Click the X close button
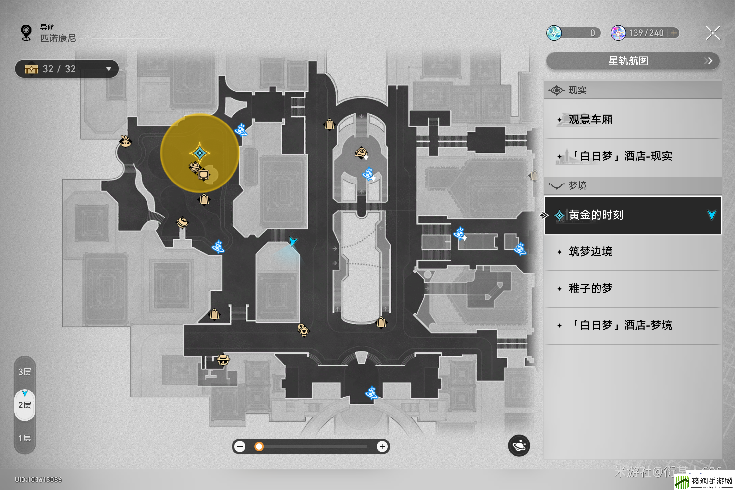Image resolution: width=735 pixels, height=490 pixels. point(712,33)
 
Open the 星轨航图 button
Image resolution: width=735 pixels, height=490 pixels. point(633,61)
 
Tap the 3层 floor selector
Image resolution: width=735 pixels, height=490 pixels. point(25,372)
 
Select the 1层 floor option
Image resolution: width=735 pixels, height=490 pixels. point(25,438)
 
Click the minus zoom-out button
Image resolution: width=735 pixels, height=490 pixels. point(240,447)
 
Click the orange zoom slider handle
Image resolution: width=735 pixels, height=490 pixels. point(259,447)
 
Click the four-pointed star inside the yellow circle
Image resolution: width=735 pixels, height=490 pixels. point(200,153)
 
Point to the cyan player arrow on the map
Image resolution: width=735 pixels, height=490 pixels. point(293,241)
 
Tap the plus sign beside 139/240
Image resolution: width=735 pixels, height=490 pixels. point(674,33)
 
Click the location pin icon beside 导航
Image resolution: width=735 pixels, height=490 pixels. point(26,33)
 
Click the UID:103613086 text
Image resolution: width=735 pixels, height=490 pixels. point(38,480)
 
